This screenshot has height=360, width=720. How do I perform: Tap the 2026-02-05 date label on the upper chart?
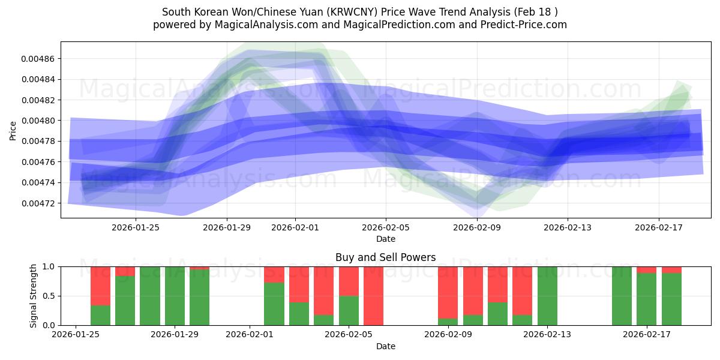[x=386, y=227]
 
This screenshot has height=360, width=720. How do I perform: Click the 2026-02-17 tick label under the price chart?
[x=659, y=227]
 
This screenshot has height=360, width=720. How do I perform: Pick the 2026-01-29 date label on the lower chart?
[x=175, y=335]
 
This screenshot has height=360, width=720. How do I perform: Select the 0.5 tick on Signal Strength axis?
[x=48, y=296]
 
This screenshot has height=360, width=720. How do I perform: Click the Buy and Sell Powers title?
[x=385, y=257]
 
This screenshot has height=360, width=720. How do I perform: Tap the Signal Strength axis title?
[x=34, y=296]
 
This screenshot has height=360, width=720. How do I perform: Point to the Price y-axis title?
[x=13, y=131]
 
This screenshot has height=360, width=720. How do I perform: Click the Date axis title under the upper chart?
[x=386, y=239]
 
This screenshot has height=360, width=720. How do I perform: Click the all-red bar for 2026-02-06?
[x=373, y=296]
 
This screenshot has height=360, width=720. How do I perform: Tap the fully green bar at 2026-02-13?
[x=547, y=296]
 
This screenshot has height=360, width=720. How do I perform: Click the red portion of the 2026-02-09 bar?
[x=448, y=292]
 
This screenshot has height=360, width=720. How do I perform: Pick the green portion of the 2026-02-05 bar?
[x=349, y=310]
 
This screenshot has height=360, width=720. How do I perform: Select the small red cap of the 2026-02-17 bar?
[x=646, y=270]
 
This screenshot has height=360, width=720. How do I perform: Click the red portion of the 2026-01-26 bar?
[x=100, y=286]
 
